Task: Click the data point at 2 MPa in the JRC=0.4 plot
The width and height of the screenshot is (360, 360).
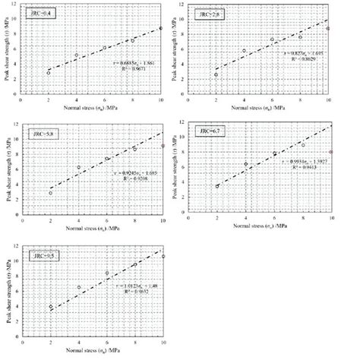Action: coord(49,73)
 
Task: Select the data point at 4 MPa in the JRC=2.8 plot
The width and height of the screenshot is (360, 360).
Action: coord(245,51)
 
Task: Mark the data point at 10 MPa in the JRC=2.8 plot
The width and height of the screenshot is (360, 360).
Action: coord(328,29)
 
